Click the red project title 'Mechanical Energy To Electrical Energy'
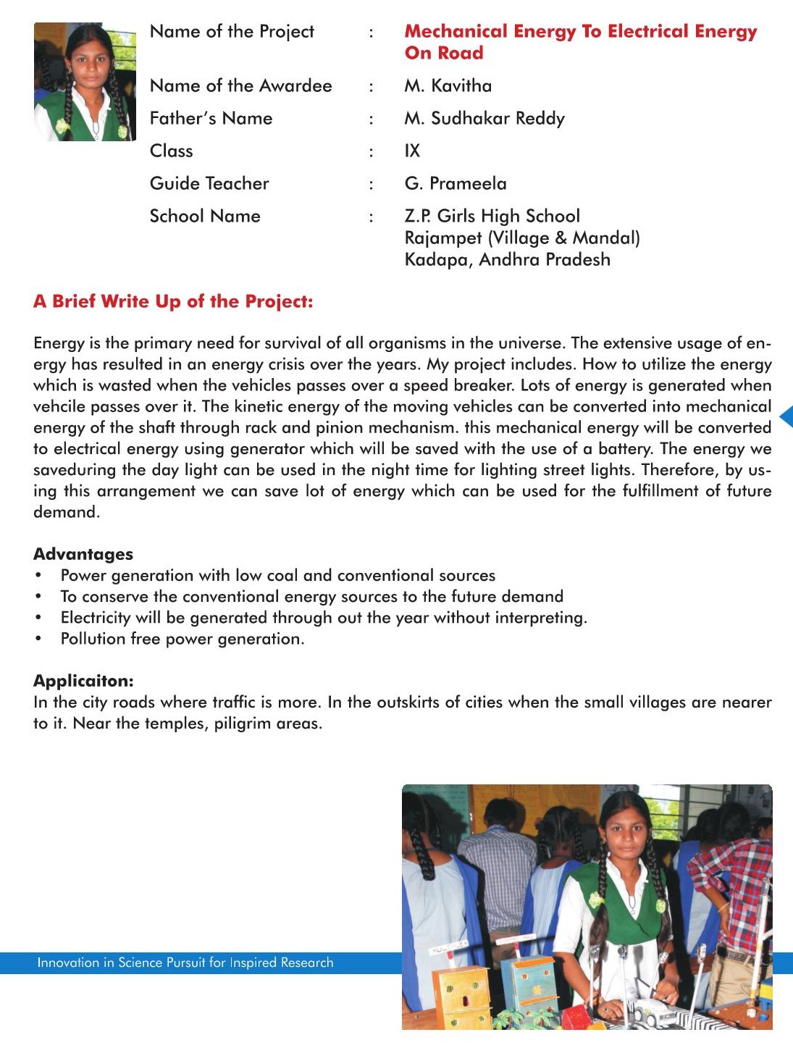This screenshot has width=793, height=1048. point(580,32)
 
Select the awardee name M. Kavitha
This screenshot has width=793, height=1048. point(448,86)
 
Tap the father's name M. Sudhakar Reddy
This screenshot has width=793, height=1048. point(484,119)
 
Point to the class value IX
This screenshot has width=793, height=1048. point(412,151)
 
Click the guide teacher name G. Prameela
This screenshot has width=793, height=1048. point(455,184)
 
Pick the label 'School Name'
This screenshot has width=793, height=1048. point(205,217)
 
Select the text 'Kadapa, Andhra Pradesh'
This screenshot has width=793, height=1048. point(507,260)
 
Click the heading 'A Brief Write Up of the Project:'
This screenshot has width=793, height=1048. point(173,302)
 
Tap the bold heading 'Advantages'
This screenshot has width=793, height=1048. point(83,554)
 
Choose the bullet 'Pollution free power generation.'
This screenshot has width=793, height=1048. point(182,640)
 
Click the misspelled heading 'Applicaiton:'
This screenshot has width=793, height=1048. point(83,681)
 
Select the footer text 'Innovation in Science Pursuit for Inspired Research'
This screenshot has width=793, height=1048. point(185,963)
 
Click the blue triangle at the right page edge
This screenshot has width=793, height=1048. point(786,416)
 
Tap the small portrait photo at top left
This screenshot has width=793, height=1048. point(85,82)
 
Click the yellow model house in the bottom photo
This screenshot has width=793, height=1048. point(463,996)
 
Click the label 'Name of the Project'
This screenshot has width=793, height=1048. point(232,32)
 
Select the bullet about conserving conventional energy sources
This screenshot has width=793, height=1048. point(311,597)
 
